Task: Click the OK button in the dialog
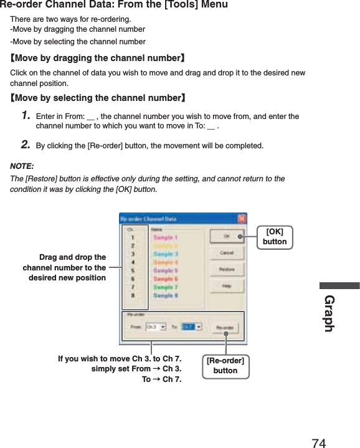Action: [226, 237]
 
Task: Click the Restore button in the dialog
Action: [226, 270]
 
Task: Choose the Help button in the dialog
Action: [226, 287]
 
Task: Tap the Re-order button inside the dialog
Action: [225, 326]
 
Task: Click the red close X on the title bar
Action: [242, 219]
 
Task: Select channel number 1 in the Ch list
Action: [133, 237]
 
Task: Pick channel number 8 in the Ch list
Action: [133, 296]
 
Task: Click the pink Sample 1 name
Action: [166, 237]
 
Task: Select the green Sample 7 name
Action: [166, 287]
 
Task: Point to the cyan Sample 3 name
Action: [166, 254]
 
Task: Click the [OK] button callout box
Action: [275, 237]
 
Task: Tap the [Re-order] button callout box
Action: [225, 366]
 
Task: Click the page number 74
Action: [318, 443]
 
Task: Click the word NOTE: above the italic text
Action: [22, 167]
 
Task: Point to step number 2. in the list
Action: [26, 145]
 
